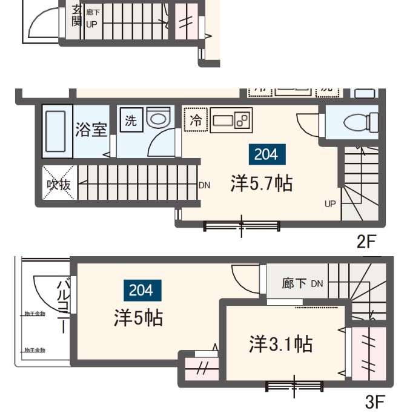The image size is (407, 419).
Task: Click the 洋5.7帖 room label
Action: coord(261,183)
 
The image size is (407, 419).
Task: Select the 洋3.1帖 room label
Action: coord(280,344)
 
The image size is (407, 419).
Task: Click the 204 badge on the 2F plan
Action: coord(266,154)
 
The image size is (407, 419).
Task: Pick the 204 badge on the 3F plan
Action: coord(141,291)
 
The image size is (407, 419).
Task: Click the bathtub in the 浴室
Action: coord(58,131)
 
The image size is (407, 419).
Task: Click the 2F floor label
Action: coord(366,242)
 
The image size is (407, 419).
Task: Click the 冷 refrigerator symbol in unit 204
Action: coord(196,120)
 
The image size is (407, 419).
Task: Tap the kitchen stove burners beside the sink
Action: coord(243,120)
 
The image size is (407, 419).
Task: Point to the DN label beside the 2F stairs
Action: coord(204,185)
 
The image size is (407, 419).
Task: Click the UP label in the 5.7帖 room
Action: coord(329,204)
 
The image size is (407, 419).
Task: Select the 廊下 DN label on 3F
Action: coord(302,283)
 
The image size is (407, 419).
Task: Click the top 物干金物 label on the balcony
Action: coord(35,314)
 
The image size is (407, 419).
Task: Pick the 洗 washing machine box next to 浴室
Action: coord(130,119)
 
